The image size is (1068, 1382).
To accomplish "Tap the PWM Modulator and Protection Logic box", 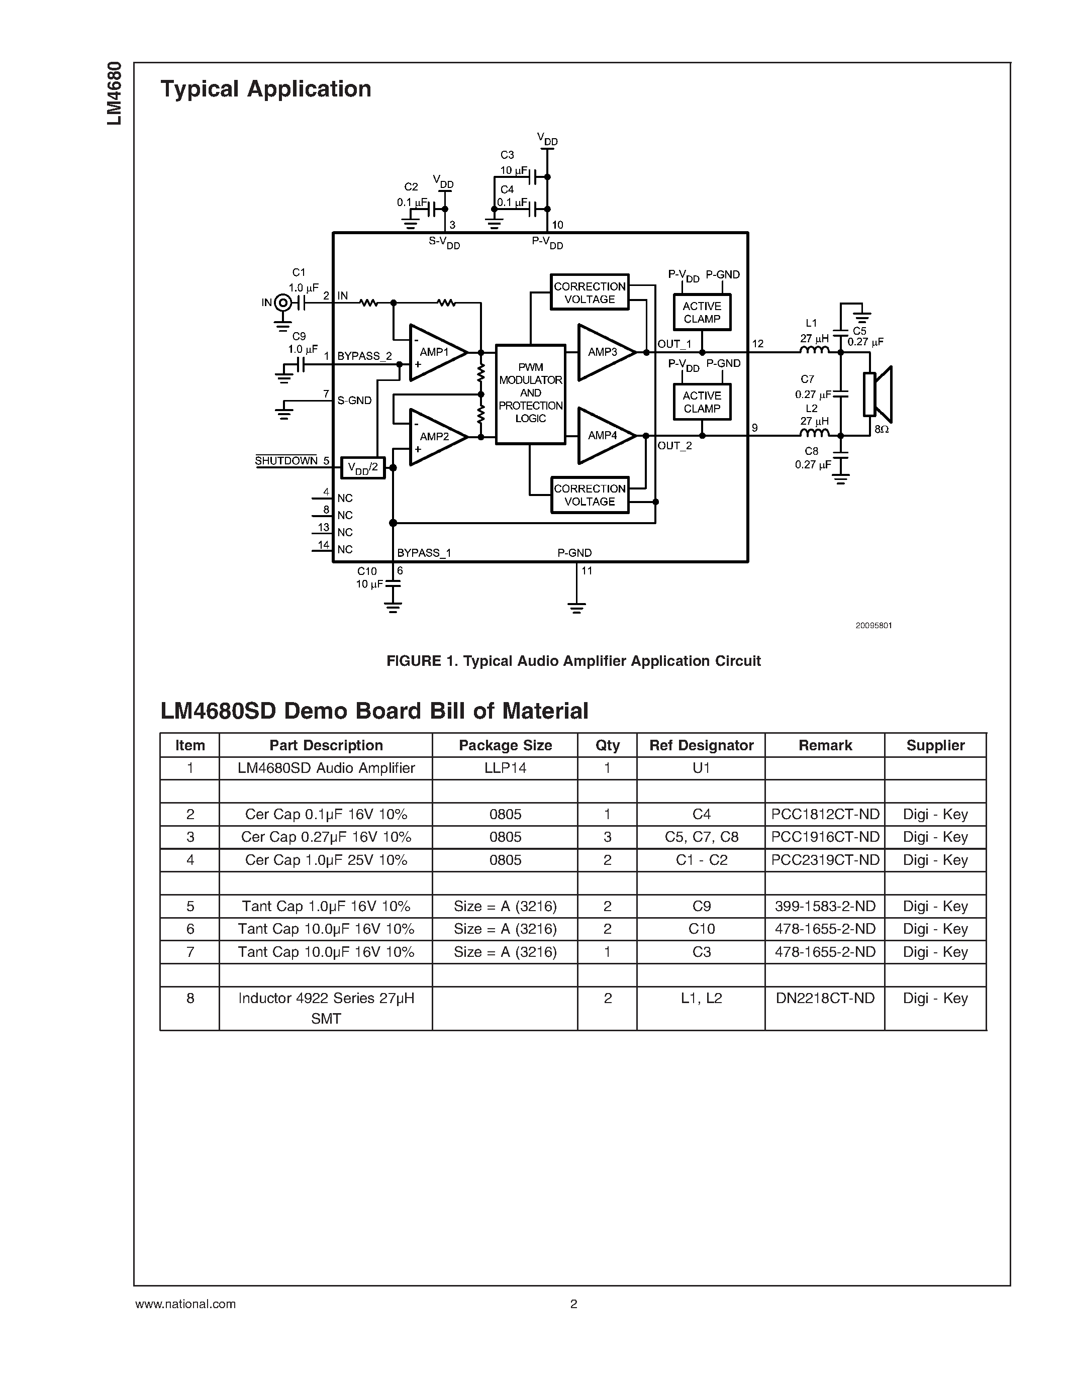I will tap(530, 393).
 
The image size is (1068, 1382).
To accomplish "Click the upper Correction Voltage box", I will tap(589, 292).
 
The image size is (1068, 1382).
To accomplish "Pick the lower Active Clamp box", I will tap(702, 403).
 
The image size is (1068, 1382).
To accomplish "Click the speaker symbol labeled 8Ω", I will tap(878, 394).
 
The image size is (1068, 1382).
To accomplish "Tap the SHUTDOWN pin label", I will tap(286, 461).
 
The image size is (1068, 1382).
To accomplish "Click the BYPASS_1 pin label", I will tap(424, 553).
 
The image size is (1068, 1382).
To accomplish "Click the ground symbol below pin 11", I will tap(576, 608).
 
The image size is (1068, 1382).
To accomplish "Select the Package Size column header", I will tap(505, 745).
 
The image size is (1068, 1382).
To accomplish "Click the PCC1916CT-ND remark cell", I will tap(825, 837).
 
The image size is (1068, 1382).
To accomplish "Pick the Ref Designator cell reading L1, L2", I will tap(701, 999).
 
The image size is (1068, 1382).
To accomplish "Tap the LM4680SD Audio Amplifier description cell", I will tap(326, 768).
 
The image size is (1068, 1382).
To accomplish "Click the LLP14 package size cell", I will tap(505, 768).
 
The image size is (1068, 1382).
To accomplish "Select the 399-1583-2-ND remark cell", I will tap(825, 906).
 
